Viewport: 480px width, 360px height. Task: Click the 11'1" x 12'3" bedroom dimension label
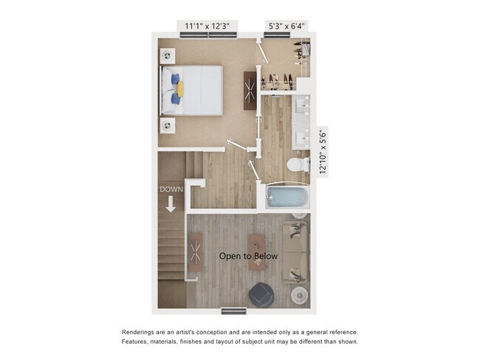click(207, 27)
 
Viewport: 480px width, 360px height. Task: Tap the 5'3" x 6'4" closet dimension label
click(287, 27)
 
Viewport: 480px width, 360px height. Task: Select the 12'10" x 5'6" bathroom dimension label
click(323, 152)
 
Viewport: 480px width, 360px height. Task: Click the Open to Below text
click(248, 256)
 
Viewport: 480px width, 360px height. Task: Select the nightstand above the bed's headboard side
click(168, 56)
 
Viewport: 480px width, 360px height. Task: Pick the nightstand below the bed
click(168, 125)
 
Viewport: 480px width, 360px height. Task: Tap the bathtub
click(287, 197)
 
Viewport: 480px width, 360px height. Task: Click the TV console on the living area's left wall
click(196, 253)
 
